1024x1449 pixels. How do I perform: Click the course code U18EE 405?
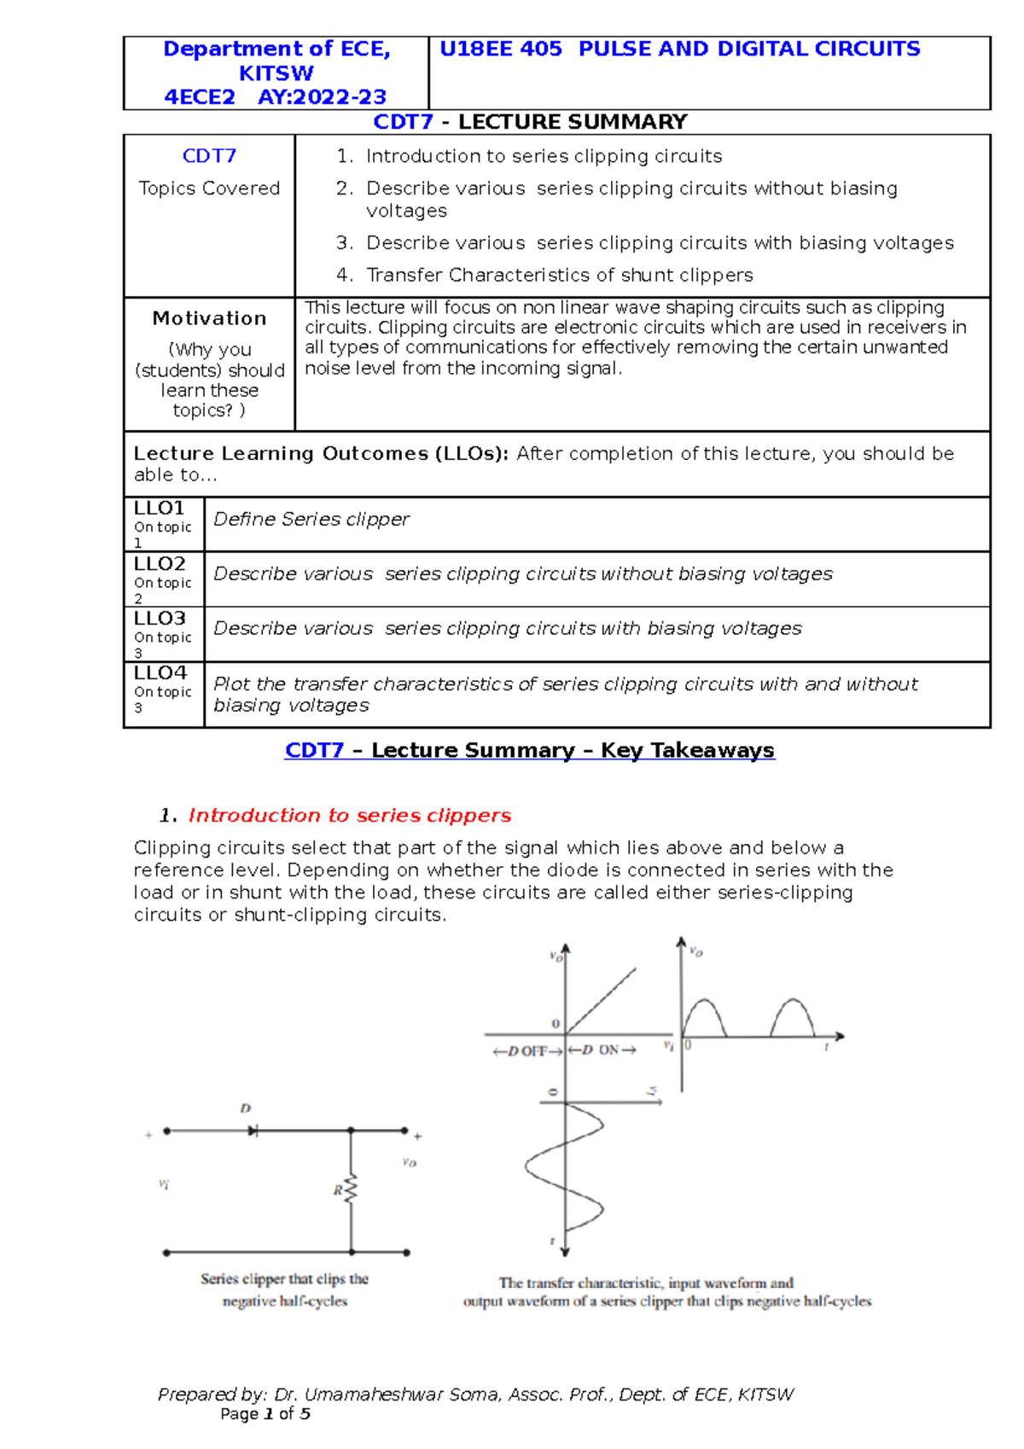(501, 49)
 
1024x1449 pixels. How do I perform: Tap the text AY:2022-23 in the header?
(322, 97)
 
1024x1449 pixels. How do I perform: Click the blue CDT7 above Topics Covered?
(209, 156)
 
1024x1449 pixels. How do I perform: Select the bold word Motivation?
(209, 318)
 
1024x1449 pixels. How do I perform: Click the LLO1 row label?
(159, 509)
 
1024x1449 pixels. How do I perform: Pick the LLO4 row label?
(160, 673)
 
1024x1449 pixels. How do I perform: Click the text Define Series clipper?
(311, 520)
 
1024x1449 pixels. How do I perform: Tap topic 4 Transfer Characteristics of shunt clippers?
(559, 275)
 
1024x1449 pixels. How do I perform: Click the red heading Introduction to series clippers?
(349, 816)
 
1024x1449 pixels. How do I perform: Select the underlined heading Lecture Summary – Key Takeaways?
(529, 751)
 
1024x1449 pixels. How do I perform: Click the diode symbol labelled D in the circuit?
(253, 1131)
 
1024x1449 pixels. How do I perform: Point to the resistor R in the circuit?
(350, 1190)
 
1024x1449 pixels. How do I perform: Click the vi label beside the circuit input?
(164, 1184)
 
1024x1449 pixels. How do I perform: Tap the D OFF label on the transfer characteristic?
(527, 1051)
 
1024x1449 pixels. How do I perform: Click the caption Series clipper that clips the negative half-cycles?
(285, 1289)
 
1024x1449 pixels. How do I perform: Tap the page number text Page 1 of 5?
(265, 1414)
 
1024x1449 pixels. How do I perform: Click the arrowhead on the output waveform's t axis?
(840, 1037)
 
